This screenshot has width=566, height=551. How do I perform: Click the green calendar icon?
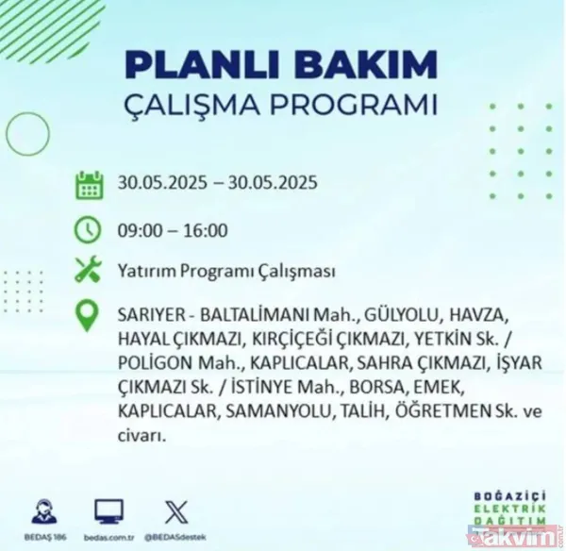pos(89,184)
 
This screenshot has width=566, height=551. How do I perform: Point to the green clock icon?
pos(89,228)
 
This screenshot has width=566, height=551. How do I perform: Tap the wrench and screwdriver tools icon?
pos(89,272)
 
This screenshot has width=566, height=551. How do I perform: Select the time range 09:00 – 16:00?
pos(173,229)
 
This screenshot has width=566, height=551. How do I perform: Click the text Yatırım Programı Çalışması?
pos(227,273)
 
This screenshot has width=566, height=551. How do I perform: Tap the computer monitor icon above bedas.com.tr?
pos(108,511)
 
